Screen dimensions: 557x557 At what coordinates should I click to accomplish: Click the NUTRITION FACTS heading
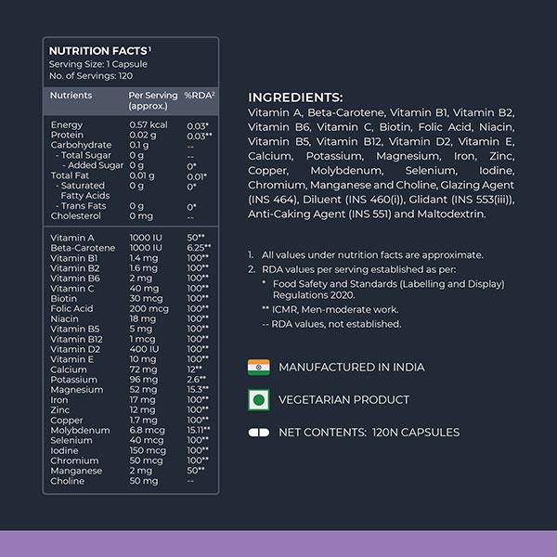click(x=98, y=51)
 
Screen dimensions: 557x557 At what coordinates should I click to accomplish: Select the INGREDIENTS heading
click(x=295, y=97)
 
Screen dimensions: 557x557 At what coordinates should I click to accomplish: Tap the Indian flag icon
click(x=258, y=367)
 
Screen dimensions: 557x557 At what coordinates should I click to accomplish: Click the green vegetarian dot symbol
click(x=258, y=399)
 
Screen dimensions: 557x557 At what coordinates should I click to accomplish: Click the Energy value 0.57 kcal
click(x=148, y=124)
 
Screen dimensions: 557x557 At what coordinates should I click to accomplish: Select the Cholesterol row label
click(x=75, y=215)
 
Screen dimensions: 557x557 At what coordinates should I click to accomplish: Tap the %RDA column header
click(x=200, y=96)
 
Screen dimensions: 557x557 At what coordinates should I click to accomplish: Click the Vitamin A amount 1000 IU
click(x=149, y=239)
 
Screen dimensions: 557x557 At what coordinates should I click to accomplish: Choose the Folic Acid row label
click(x=71, y=308)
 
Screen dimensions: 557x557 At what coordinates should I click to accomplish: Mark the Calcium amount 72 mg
click(x=143, y=369)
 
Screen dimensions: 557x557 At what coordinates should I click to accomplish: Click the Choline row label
click(x=67, y=481)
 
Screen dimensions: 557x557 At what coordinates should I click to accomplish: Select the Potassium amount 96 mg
click(x=143, y=380)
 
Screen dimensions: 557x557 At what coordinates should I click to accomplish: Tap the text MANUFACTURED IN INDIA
click(x=351, y=367)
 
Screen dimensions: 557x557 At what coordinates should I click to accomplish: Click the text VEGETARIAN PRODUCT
click(x=343, y=399)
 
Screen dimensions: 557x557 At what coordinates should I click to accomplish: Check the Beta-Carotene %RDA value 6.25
click(x=199, y=249)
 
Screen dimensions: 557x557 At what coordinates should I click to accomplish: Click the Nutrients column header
click(x=71, y=96)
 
